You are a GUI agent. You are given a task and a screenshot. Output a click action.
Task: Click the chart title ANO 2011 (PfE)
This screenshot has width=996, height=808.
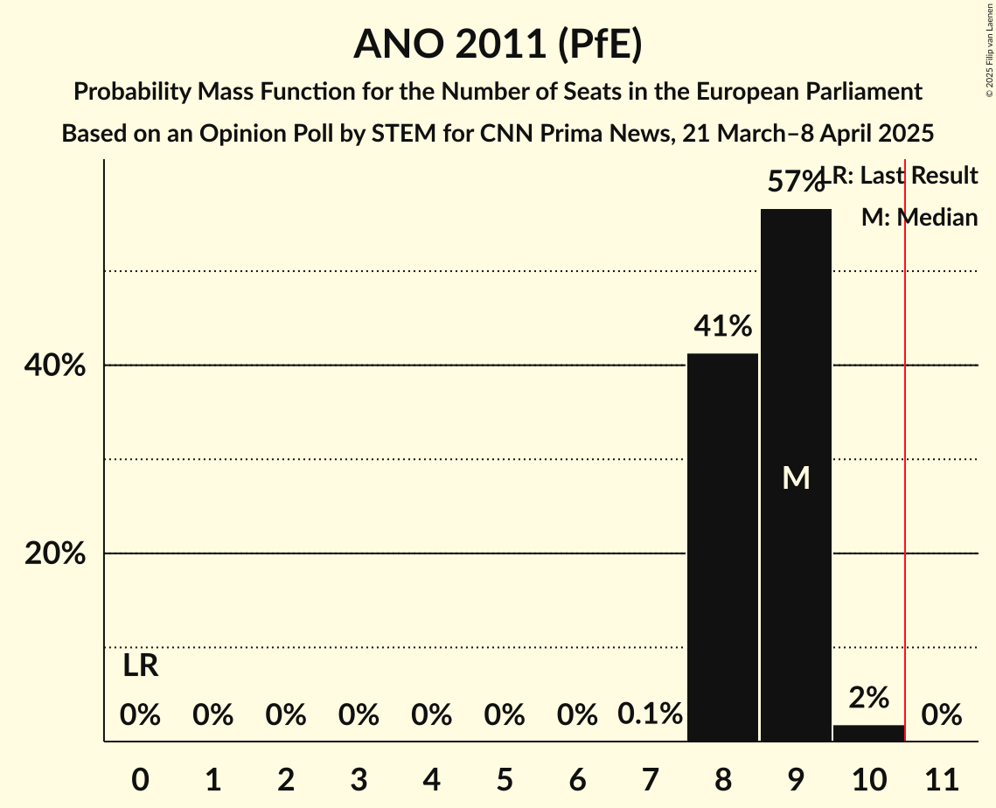tap(498, 44)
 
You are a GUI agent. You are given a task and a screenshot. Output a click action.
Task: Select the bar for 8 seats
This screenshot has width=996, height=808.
tap(722, 547)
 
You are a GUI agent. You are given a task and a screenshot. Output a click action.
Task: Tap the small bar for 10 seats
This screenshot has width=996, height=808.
tap(868, 733)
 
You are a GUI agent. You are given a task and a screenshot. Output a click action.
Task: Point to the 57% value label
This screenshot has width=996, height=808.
tap(795, 182)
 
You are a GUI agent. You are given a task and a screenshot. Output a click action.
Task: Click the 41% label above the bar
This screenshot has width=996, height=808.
tap(722, 327)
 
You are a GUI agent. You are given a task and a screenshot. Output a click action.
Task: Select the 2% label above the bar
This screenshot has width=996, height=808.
tap(868, 698)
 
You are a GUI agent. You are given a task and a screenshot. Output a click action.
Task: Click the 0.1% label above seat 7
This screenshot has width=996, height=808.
tap(650, 714)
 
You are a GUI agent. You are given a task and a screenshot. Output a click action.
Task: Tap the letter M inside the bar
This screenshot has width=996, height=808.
tap(796, 477)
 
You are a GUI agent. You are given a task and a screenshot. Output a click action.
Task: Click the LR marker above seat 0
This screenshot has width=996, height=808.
tap(140, 666)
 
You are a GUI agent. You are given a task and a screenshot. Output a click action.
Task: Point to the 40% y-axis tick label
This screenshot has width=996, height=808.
tap(55, 366)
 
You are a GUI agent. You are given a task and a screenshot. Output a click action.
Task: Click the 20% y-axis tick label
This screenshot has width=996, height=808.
tap(55, 554)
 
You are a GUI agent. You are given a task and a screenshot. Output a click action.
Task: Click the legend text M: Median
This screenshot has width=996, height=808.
tap(919, 218)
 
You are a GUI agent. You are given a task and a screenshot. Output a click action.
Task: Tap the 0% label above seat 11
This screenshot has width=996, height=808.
tap(941, 715)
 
